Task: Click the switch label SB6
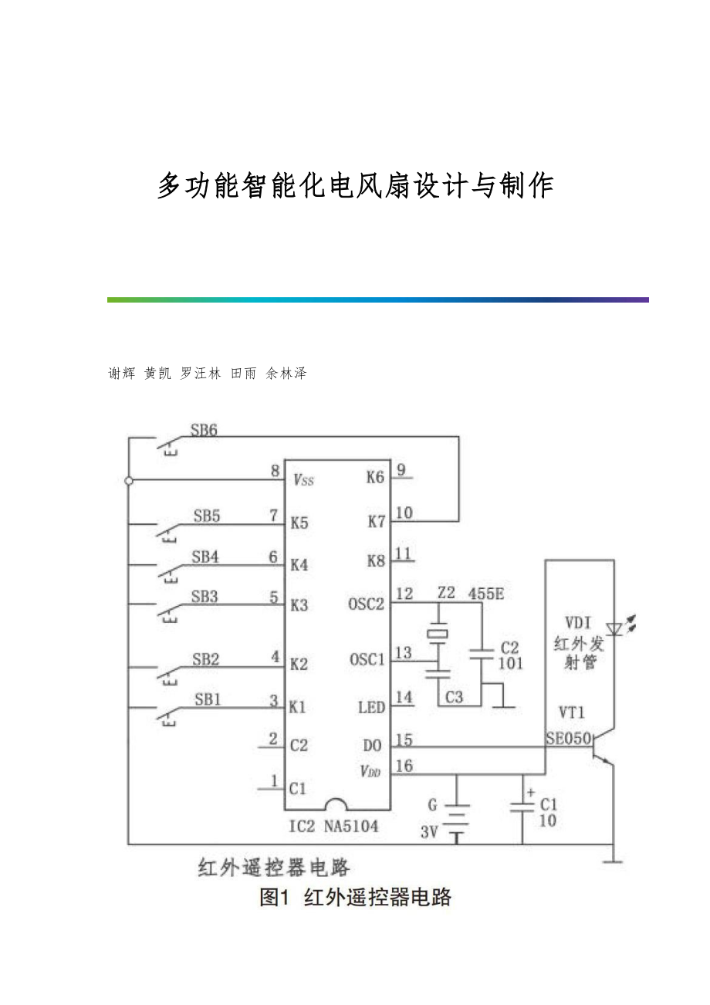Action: [x=204, y=431]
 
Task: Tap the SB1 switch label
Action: [x=208, y=699]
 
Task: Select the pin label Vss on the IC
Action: [x=303, y=479]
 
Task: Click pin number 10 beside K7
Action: [x=404, y=512]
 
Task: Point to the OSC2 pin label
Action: [x=366, y=604]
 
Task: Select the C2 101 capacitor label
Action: [x=510, y=655]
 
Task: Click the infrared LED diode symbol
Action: [x=614, y=629]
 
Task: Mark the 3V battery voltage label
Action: [x=430, y=832]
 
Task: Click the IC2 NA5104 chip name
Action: [x=333, y=827]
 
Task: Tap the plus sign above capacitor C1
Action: [x=529, y=792]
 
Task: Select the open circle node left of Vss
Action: [x=129, y=480]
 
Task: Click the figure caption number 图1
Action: [x=274, y=897]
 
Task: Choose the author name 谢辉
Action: [x=121, y=374]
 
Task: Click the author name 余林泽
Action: [x=286, y=374]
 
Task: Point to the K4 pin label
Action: [x=299, y=564]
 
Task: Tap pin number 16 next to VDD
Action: [x=404, y=766]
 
